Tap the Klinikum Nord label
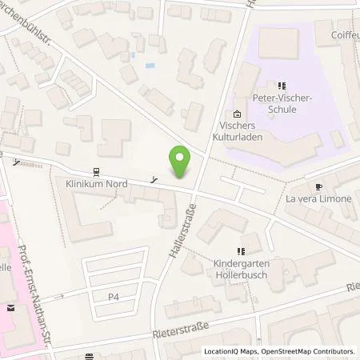(97, 183)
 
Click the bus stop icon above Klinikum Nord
(97, 171)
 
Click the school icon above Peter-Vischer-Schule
(282, 86)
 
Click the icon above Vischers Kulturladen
(238, 114)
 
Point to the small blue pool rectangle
(150, 66)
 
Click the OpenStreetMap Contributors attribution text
(308, 351)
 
